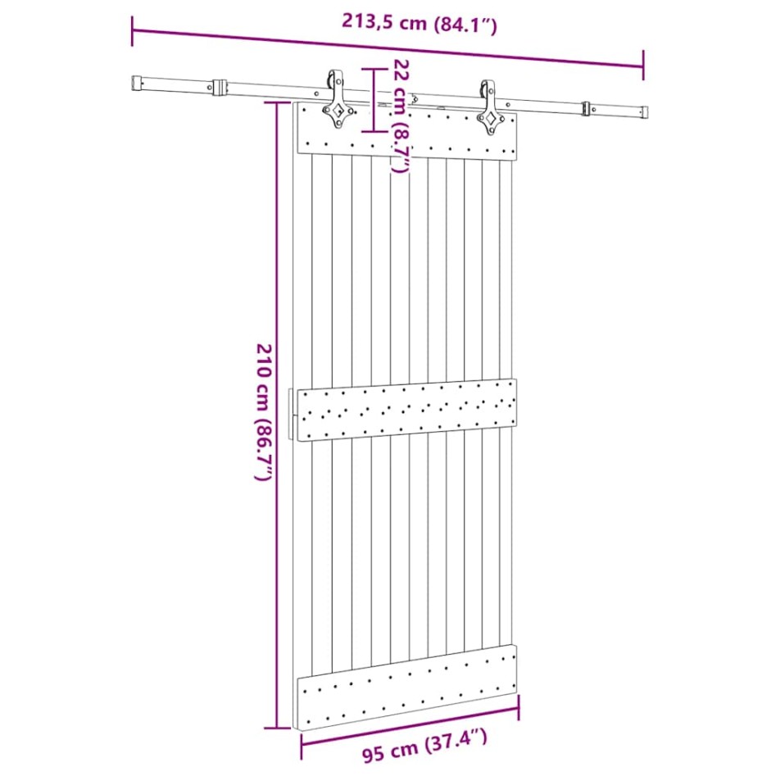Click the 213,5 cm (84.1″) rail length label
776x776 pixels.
coord(419,24)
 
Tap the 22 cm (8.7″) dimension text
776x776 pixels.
coord(400,116)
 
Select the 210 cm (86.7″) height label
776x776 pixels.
coord(261,412)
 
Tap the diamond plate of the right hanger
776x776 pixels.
coord(492,121)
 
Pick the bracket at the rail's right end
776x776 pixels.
coord(587,108)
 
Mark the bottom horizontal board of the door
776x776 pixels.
coord(407,687)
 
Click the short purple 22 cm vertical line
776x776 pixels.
coord(374,100)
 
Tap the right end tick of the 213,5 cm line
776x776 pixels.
coord(642,65)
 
